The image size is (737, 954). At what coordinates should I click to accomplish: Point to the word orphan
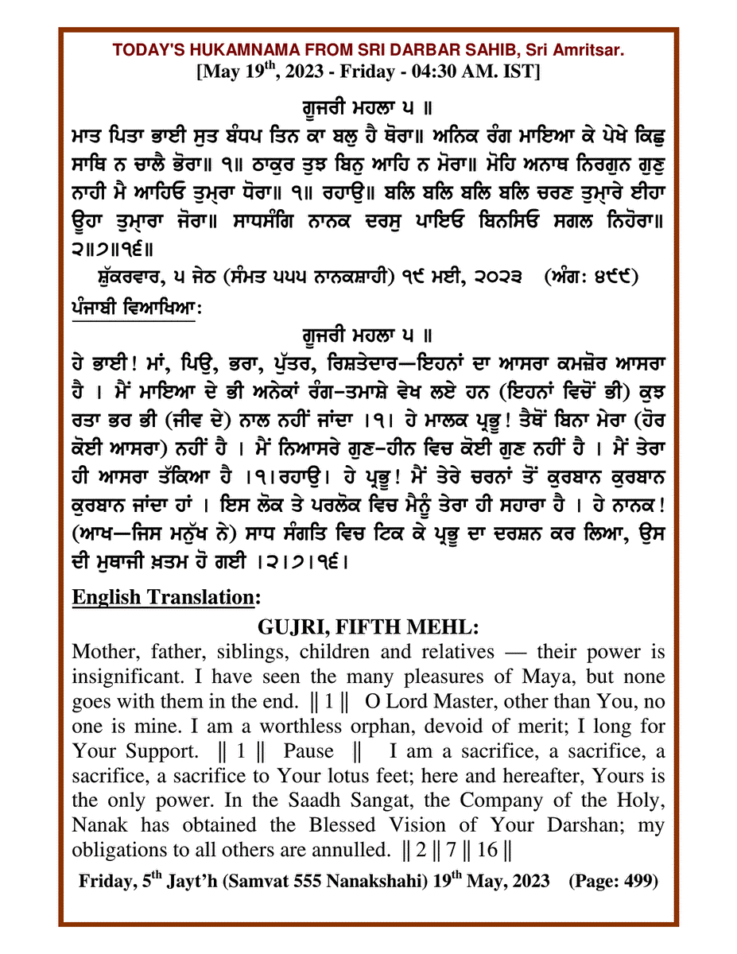332,727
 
